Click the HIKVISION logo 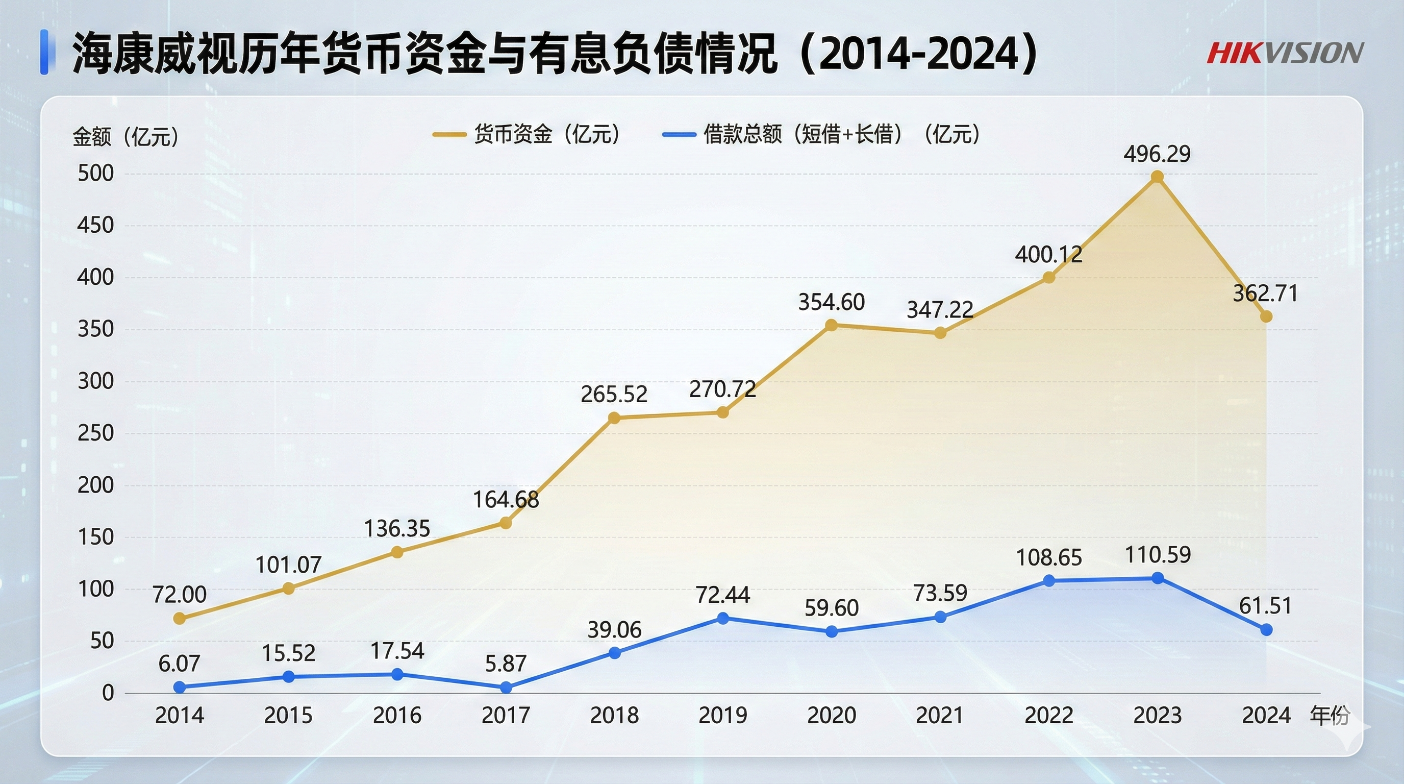(1285, 53)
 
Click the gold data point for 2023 (1157, 177)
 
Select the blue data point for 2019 (723, 618)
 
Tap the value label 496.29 (1157, 154)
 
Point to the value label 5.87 (506, 664)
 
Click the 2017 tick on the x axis (506, 715)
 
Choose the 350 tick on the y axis (95, 329)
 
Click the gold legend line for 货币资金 (449, 135)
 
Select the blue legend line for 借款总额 (679, 135)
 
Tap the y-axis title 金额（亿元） (127, 136)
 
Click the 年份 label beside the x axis (1330, 715)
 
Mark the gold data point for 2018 (614, 418)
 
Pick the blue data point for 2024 (1267, 630)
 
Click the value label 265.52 (614, 394)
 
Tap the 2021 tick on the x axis (940, 715)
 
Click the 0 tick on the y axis (108, 693)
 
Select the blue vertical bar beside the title (45, 53)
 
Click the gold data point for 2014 (179, 618)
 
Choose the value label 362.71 (1266, 293)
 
